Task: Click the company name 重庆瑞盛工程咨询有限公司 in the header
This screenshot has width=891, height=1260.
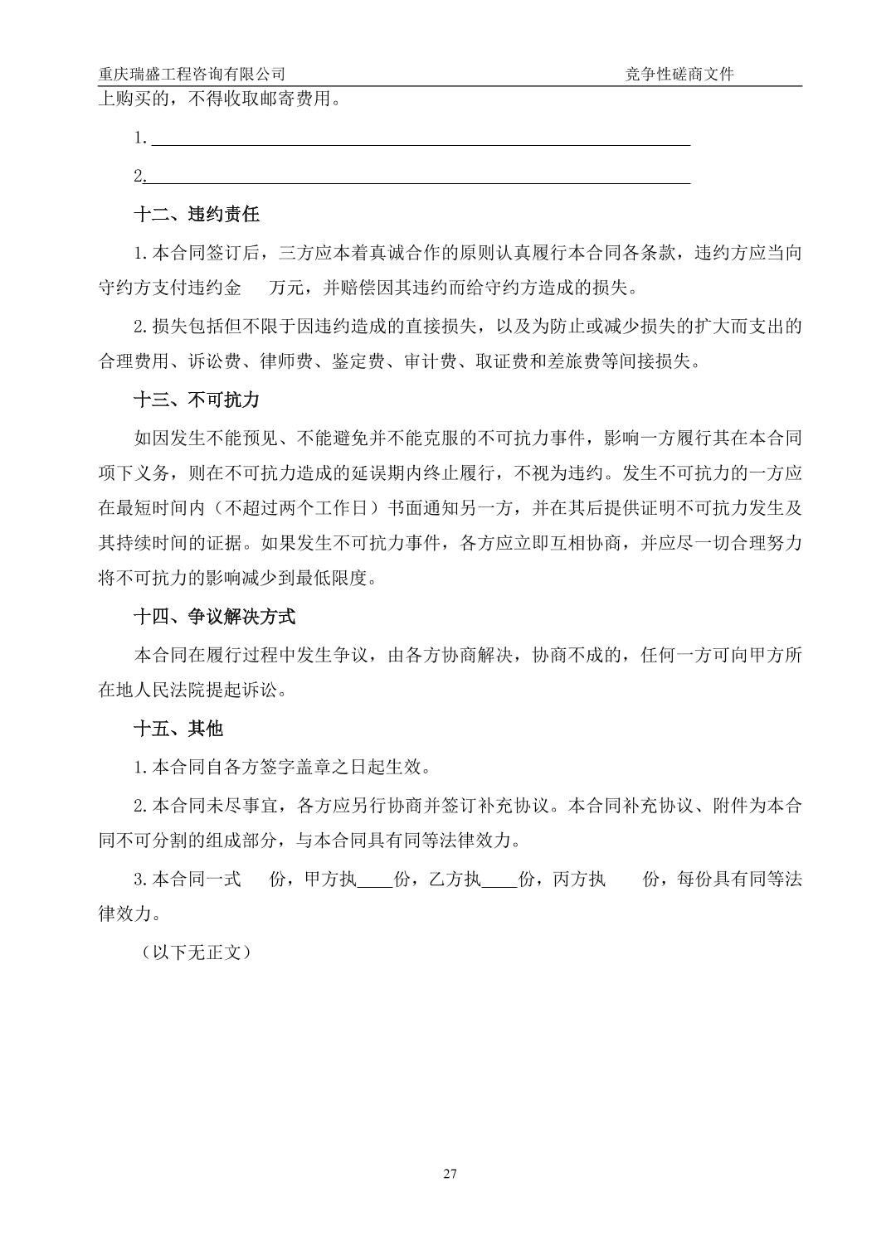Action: [192, 74]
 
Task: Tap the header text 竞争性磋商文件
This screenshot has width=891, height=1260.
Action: [679, 74]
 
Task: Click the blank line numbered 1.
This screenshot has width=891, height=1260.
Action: [419, 138]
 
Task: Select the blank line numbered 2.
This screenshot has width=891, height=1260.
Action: [419, 177]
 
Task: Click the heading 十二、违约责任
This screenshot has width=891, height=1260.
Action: [197, 215]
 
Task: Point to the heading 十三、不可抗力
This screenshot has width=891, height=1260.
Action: [197, 400]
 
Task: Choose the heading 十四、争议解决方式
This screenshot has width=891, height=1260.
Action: [215, 617]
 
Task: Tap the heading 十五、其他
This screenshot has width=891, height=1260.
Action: [178, 729]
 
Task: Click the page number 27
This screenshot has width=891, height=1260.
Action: [450, 1174]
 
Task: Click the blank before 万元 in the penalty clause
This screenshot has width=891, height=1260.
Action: [256, 288]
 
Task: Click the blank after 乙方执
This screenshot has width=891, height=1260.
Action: [499, 879]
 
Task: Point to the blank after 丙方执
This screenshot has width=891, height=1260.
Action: [624, 879]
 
